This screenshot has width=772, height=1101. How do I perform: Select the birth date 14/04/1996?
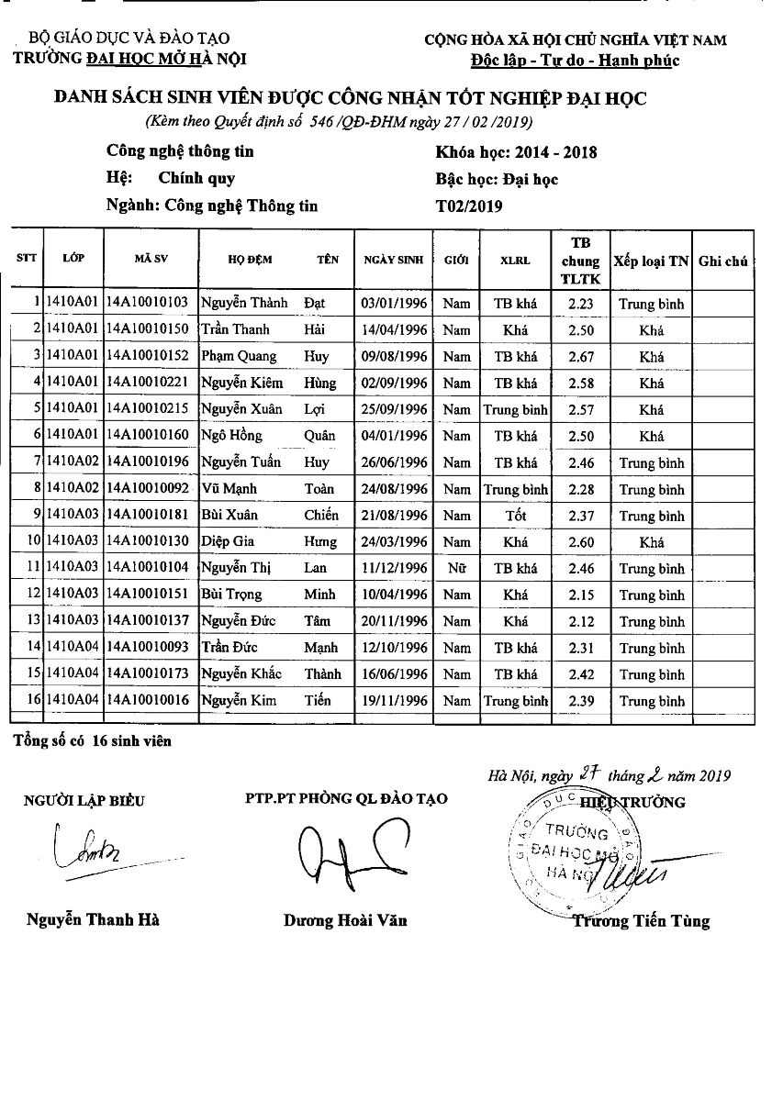tap(395, 329)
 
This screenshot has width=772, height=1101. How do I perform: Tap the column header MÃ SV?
tap(150, 260)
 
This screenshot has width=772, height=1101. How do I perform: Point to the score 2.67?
tap(581, 356)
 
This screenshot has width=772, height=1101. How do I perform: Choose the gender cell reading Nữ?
tap(456, 569)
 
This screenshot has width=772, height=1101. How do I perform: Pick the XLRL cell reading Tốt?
tap(515, 516)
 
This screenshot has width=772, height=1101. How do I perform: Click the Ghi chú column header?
tap(722, 261)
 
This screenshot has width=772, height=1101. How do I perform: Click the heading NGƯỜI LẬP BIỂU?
tap(84, 801)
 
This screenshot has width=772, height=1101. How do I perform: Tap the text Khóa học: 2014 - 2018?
tap(517, 152)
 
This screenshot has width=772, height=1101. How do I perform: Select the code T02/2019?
tap(469, 206)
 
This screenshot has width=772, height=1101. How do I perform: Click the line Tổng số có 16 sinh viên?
tap(92, 740)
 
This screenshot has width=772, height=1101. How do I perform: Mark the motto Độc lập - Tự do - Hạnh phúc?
tap(575, 61)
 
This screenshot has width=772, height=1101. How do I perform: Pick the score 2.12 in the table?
tap(581, 622)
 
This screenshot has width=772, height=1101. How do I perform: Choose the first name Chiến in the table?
tap(321, 516)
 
